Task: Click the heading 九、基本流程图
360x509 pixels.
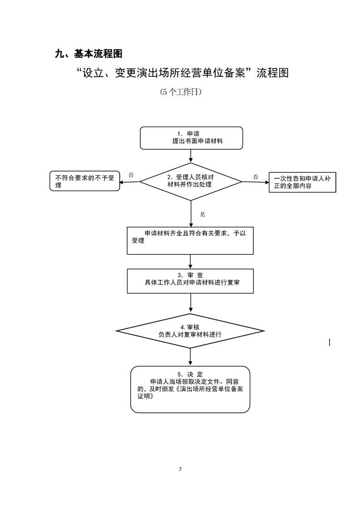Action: [89, 54]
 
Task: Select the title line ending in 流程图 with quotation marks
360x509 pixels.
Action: [183, 73]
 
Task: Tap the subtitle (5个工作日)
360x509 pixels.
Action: [180, 92]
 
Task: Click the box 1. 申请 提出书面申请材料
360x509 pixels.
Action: [191, 138]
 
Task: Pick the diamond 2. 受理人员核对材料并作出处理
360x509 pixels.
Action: [191, 181]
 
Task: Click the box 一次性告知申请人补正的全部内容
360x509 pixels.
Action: [302, 182]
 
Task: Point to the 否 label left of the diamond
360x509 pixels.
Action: [131, 175]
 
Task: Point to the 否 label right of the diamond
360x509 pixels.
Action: [256, 176]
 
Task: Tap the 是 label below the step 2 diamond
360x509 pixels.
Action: [202, 214]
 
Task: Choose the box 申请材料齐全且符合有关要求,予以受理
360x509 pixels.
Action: [190, 240]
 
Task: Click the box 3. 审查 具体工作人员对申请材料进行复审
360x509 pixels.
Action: [190, 281]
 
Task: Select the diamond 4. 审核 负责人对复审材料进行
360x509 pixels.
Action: [190, 331]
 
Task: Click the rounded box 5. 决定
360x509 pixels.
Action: [190, 389]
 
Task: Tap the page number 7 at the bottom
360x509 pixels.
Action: [180, 469]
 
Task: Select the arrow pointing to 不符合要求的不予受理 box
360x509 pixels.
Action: [130, 182]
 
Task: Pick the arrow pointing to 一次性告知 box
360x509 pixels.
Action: [255, 182]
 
